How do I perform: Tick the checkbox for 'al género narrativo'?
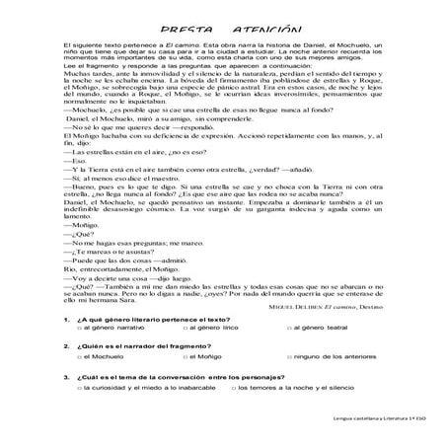tap(80, 354)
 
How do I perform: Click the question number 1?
tap(64, 345)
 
